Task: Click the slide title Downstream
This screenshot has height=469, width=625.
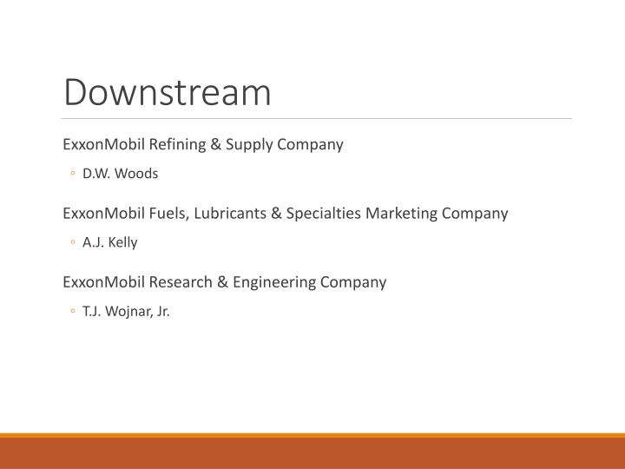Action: pos(168,93)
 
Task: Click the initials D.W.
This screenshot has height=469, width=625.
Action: pos(97,174)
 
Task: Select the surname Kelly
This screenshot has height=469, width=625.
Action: pos(122,243)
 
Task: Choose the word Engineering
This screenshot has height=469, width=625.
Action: pos(257,282)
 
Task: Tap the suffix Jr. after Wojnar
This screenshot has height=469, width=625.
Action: pos(161,312)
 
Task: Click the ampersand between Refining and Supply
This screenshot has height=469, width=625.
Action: pos(215,144)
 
